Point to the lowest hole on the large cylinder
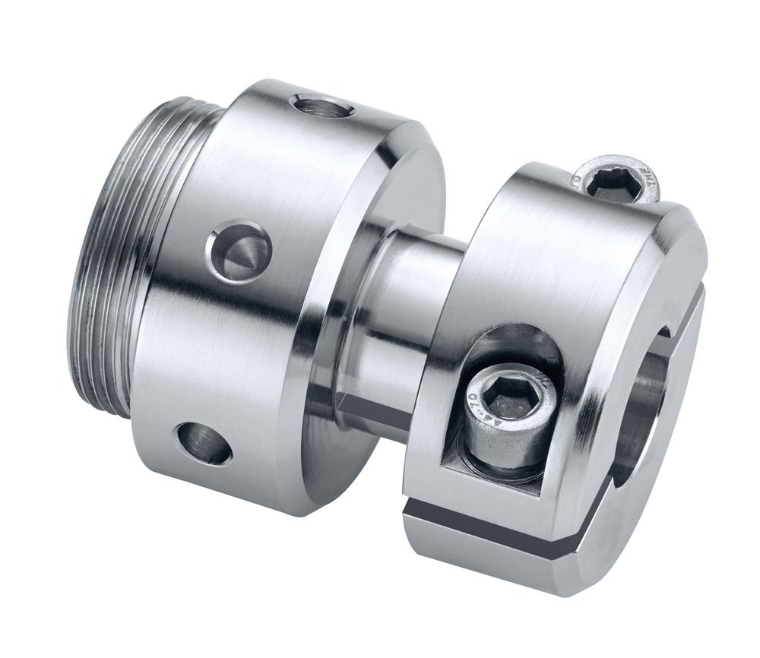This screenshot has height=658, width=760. pos(203,443)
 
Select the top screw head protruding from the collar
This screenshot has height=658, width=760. pos(617,182)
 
